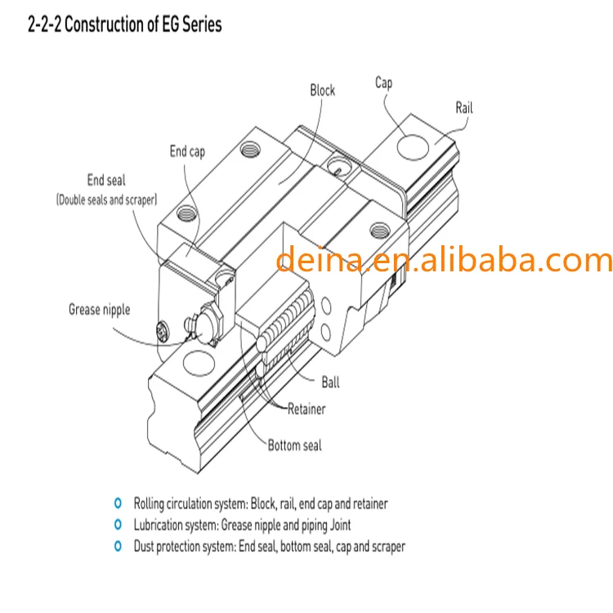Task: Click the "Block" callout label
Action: point(322,90)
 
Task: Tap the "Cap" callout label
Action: point(383,83)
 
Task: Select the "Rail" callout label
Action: point(463,107)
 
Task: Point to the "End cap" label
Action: point(187,151)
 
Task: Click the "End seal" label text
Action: point(106,181)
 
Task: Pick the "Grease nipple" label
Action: point(99,309)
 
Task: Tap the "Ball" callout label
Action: point(330,382)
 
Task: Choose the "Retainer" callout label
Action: point(306,409)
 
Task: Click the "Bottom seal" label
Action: point(294,445)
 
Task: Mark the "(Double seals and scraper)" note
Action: point(106,199)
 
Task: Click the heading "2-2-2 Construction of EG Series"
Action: point(124,25)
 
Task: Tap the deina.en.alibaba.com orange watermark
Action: point(444,260)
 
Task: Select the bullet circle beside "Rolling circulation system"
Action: point(118,503)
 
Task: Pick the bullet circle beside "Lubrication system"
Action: point(118,525)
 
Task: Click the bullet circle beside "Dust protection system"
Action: point(118,546)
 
